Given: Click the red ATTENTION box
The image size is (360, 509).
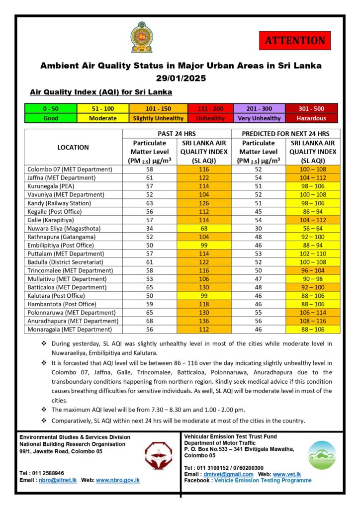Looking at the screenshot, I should click(295, 40).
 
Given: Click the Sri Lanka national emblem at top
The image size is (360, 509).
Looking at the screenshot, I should click(142, 38).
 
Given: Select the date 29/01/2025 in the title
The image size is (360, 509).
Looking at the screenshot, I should click(180, 78).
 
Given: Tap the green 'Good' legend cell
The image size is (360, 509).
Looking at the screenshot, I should click(51, 118).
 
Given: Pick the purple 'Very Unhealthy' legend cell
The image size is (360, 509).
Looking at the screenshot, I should click(259, 118).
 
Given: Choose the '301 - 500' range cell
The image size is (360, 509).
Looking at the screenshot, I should click(311, 108).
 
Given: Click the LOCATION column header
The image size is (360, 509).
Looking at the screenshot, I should click(73, 147).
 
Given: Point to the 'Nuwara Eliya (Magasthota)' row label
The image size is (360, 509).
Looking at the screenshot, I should click(67, 228).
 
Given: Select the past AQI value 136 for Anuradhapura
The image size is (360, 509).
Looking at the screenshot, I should click(204, 321).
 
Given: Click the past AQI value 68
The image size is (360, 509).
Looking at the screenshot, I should click(204, 228).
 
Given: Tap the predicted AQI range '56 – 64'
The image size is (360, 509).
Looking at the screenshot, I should click(313, 228).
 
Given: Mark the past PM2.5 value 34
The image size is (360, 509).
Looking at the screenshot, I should click(150, 228).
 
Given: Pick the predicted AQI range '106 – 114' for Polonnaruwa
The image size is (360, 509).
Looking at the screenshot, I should click(313, 312).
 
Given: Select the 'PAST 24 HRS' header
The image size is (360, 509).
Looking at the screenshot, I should click(177, 134).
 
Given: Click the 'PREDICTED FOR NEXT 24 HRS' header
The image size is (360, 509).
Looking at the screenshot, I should click(286, 134).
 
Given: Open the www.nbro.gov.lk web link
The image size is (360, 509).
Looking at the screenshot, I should click(117, 480).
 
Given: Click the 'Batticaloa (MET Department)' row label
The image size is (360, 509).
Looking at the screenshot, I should click(67, 287).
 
